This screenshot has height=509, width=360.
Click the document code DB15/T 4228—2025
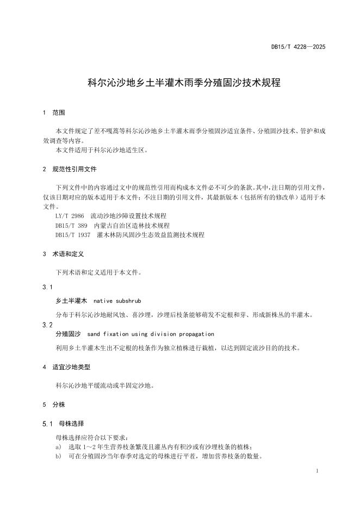pos(298,47)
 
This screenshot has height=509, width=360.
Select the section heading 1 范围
pos(54,113)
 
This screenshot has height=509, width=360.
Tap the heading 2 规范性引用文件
pos(70,169)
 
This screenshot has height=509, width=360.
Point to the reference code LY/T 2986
pos(70,216)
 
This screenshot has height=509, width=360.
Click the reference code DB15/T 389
pos(71,225)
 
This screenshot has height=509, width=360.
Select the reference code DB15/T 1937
pos(73,234)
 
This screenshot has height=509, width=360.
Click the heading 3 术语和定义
pos(63,254)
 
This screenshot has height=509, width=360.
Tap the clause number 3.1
pos(47,287)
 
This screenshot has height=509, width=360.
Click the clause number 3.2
pos(47,325)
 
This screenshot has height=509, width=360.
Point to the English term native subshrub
pos(117,300)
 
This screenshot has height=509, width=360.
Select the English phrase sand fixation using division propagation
pos(151,334)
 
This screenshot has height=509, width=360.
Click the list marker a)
pos(58,446)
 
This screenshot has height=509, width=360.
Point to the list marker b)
pos(58,456)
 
